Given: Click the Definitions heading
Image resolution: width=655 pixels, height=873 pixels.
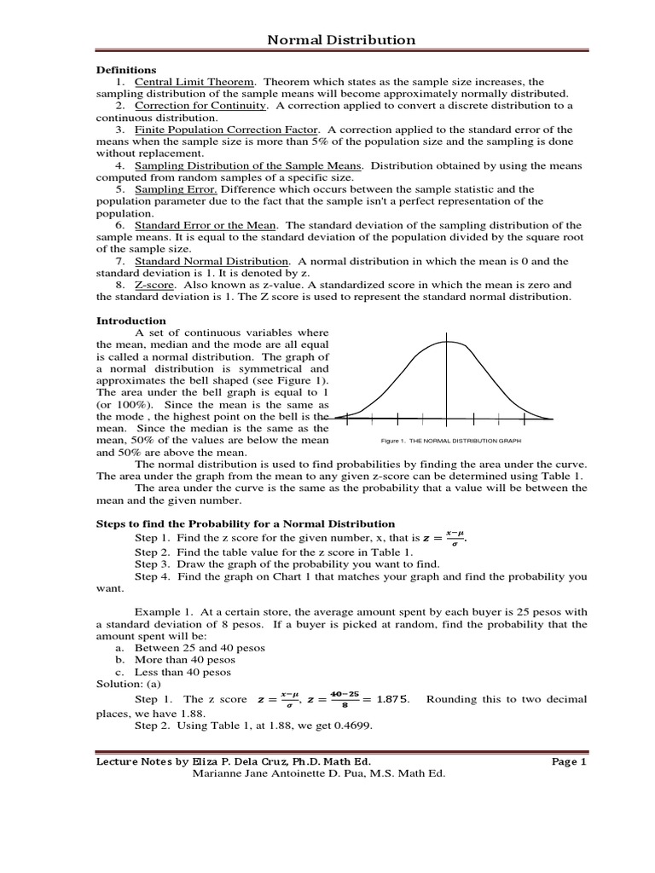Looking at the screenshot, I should [125, 69].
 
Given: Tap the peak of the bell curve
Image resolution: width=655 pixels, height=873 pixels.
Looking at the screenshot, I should [445, 342].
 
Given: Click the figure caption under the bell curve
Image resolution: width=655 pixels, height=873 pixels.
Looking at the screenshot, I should [451, 441].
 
